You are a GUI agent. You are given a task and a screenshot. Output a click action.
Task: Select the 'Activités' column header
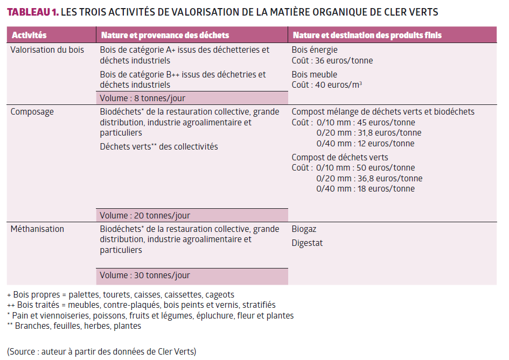pyautogui.click(x=29, y=35)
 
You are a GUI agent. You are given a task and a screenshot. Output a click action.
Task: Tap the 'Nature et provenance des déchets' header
pyautogui.click(x=164, y=35)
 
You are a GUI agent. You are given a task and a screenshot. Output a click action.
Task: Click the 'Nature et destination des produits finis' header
pyautogui.click(x=367, y=35)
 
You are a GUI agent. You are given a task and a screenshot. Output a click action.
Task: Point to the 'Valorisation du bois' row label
pyautogui.click(x=47, y=50)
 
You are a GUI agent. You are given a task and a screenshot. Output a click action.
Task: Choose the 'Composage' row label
pyautogui.click(x=32, y=112)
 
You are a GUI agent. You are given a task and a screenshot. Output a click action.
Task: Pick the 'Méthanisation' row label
pyautogui.click(x=37, y=229)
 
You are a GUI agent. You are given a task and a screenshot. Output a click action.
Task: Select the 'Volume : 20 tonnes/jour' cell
pyautogui.click(x=145, y=216)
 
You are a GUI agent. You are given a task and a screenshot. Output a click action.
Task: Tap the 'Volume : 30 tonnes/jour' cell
pyautogui.click(x=145, y=276)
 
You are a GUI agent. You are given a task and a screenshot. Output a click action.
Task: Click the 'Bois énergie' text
pyautogui.click(x=315, y=50)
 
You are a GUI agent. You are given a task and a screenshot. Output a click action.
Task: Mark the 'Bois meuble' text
pyautogui.click(x=315, y=74)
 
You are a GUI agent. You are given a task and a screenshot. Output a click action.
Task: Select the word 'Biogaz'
pyautogui.click(x=304, y=229)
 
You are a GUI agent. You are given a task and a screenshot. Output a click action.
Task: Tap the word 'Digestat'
pyautogui.click(x=308, y=243)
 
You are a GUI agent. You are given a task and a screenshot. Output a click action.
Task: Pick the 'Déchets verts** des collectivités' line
pyautogui.click(x=159, y=146)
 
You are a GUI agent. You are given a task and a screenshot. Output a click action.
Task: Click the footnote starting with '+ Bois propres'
pyautogui.click(x=121, y=295)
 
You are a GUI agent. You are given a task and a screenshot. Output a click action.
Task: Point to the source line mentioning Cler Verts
pyautogui.click(x=102, y=352)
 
